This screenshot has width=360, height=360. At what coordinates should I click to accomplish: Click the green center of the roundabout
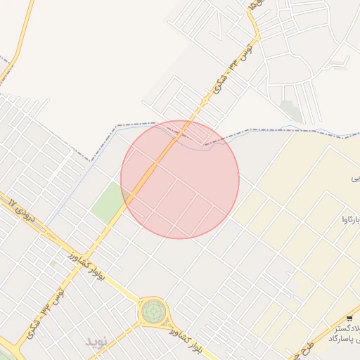[x=153, y=310]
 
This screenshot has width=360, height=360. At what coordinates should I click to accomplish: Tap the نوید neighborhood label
[x=98, y=341]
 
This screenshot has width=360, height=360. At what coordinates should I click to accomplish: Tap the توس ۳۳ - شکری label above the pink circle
[x=232, y=69]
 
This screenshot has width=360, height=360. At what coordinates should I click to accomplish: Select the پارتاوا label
[x=349, y=220]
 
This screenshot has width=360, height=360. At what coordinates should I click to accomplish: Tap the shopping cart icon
[x=349, y=319]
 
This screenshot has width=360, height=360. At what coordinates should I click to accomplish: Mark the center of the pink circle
[x=180, y=179]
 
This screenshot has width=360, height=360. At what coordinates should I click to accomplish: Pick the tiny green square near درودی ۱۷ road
[x=53, y=264]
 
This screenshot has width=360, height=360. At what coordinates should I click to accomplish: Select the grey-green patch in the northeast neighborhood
[x=290, y=110]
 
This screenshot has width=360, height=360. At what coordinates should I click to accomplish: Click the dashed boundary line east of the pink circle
[x=281, y=130]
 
